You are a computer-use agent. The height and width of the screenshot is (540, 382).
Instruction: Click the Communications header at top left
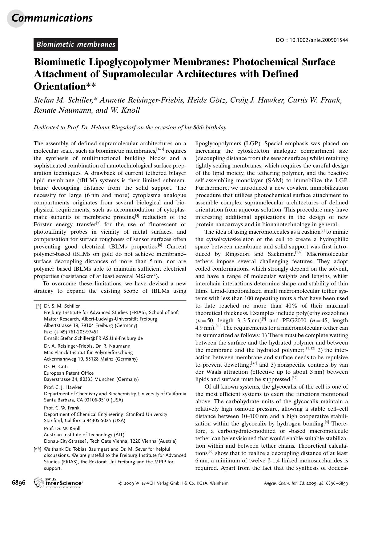tap(52, 18)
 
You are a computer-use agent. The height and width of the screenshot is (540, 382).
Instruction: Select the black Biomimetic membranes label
tap(76, 44)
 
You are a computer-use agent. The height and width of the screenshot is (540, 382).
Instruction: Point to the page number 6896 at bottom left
tap(18, 483)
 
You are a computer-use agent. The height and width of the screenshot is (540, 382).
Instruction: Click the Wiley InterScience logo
tap(58, 483)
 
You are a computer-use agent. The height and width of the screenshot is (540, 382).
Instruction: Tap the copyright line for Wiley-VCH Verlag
tap(173, 483)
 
